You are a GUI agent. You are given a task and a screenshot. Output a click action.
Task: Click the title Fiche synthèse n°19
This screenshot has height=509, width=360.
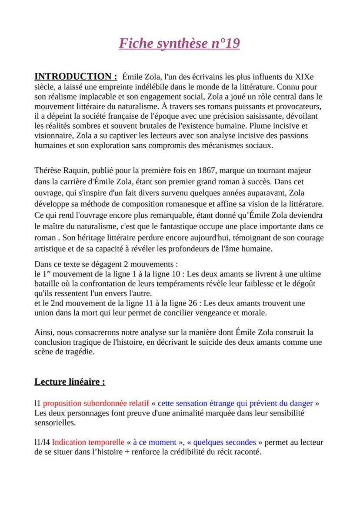coord(180,44)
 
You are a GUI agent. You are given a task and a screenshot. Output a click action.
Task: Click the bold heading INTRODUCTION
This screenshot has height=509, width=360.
coord(76,77)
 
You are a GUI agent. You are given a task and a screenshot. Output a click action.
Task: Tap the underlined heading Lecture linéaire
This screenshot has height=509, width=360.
coord(70,382)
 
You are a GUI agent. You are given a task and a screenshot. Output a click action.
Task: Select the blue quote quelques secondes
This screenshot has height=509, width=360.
coord(225,442)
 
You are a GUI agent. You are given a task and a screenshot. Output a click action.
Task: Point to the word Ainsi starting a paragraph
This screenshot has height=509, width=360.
coord(43,332)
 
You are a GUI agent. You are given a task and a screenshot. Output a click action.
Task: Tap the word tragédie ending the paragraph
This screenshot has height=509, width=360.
coord(79,351)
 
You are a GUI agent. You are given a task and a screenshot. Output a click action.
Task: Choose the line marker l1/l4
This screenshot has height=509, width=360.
coord(42,442)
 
